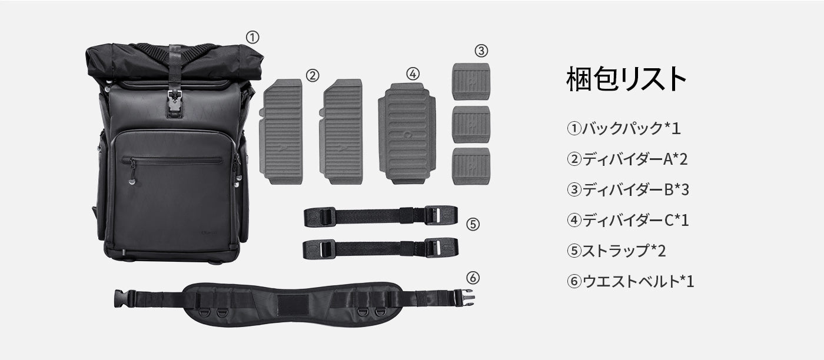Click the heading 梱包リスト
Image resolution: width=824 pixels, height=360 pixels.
click(626, 79)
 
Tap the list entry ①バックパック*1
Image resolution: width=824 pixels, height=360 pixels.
click(623, 128)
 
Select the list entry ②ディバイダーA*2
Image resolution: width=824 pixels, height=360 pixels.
click(627, 159)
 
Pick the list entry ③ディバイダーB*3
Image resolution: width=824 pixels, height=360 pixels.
click(627, 190)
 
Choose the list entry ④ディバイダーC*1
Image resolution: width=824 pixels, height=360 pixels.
click(627, 220)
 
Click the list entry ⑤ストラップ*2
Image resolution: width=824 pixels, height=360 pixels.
click(616, 251)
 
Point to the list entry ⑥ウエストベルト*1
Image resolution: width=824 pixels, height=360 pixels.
click(630, 281)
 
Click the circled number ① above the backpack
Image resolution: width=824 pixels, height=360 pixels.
click(252, 37)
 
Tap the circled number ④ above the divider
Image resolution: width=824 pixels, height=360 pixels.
click(413, 74)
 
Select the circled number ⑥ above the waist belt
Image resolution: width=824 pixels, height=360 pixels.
click(473, 278)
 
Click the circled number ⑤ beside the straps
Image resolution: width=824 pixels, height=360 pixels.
click(473, 224)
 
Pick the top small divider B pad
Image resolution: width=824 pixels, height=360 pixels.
click(471, 81)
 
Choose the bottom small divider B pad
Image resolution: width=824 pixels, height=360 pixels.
click(471, 166)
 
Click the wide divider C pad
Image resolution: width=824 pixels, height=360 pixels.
click(407, 134)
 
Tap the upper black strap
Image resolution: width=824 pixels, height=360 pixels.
click(381, 216)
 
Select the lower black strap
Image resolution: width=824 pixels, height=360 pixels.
click(381, 249)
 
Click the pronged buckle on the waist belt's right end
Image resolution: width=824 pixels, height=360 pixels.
click(464, 298)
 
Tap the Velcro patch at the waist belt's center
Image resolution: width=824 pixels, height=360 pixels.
click(293, 305)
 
